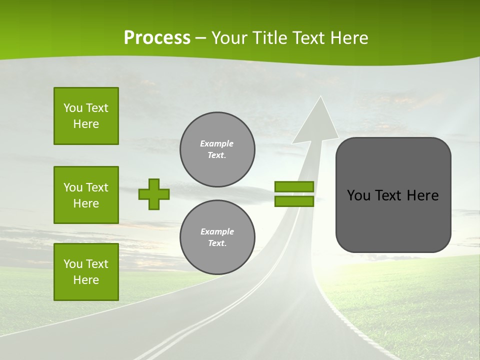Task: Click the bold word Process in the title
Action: [x=157, y=38]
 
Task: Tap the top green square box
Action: [x=86, y=116]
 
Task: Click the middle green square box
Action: [x=86, y=195]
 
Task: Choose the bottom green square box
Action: [x=86, y=272]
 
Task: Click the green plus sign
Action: [x=154, y=194]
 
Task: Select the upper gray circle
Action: [x=217, y=149]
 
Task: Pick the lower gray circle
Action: [x=217, y=237]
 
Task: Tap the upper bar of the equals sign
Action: [x=294, y=186]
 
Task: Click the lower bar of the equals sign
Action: [x=294, y=201]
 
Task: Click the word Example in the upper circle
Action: [x=217, y=143]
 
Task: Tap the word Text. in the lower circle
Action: [x=217, y=243]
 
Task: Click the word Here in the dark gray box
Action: [x=422, y=195]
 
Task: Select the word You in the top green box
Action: [x=72, y=108]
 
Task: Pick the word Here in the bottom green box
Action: [x=86, y=280]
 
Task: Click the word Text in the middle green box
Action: [x=97, y=187]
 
